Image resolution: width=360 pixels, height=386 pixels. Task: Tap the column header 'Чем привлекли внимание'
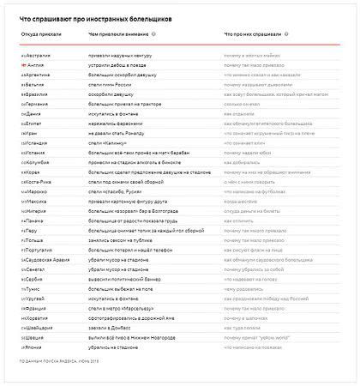(x=115, y=34)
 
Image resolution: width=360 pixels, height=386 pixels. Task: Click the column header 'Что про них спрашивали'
(x=253, y=34)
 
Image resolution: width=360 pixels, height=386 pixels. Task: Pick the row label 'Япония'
(x=36, y=351)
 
